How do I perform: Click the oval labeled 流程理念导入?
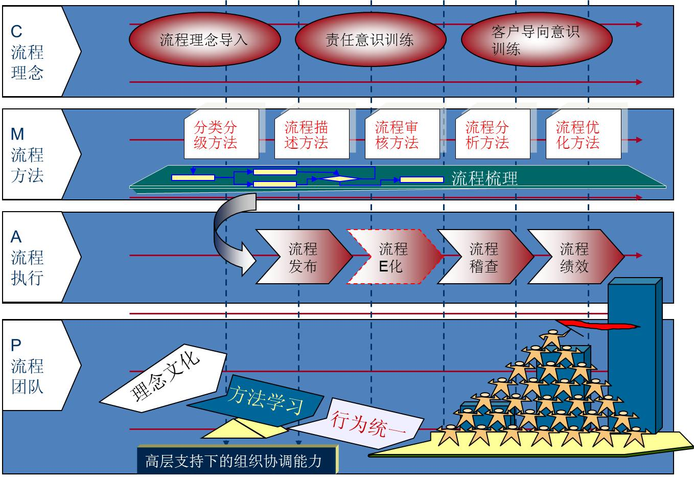tap(205, 39)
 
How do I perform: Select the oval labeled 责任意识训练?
tap(371, 39)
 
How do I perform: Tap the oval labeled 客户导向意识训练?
tap(537, 39)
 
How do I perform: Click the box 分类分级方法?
tap(221, 134)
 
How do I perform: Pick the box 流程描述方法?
tap(312, 134)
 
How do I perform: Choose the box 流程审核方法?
tap(402, 134)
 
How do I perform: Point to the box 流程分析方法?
tap(493, 134)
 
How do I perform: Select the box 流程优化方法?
tap(584, 134)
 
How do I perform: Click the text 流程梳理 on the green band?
tap(484, 178)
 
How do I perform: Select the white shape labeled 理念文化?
tap(164, 379)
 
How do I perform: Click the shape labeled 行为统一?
tap(356, 423)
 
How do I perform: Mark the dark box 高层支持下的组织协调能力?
tap(237, 460)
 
